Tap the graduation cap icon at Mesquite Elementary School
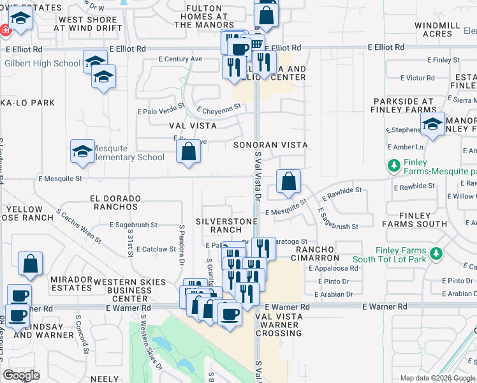(82, 151)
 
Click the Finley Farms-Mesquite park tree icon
(393, 165)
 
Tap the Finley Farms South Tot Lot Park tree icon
(437, 254)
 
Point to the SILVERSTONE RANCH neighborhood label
(226, 225)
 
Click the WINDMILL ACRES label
(437, 29)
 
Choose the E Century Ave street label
(180, 59)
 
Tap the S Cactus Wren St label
(78, 226)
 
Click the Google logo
(21, 375)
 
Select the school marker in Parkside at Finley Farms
(433, 124)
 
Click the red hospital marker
(5, 30)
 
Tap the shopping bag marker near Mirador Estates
(30, 264)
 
